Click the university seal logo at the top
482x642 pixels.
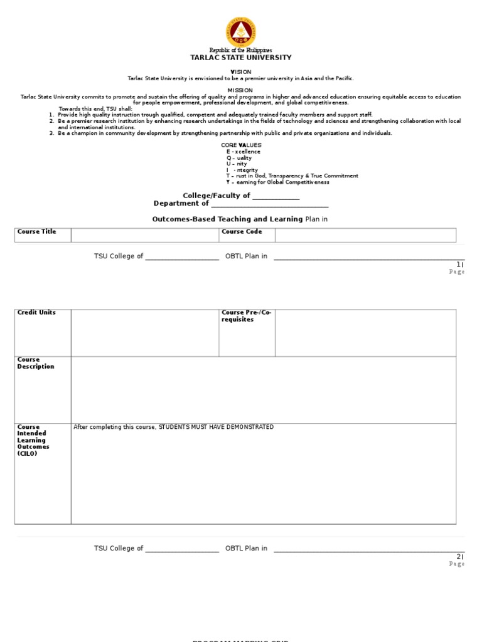coord(241,31)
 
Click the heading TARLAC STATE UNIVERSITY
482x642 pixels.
coord(241,58)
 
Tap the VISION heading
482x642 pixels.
coord(241,72)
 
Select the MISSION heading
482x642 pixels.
coord(240,90)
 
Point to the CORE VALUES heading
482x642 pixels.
coord(241,145)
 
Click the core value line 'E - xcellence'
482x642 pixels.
coord(244,152)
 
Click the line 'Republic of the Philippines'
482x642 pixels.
coord(241,50)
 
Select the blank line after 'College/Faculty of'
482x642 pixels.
coord(276,196)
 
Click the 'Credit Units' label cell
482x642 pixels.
coord(36,312)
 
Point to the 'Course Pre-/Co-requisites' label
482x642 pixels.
coord(246,316)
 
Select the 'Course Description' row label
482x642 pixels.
coord(36,363)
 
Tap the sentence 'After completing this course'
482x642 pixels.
coord(174,427)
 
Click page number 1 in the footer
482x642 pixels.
coord(459,265)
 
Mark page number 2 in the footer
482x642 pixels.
coord(459,557)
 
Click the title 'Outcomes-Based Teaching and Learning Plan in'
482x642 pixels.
coord(240,219)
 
